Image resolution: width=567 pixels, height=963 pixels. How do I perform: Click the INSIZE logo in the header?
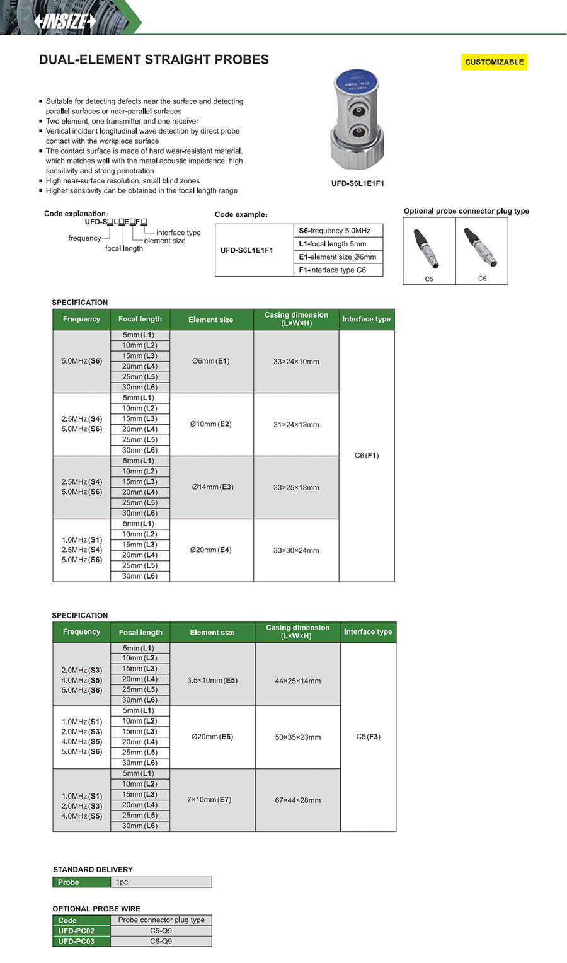tap(66, 21)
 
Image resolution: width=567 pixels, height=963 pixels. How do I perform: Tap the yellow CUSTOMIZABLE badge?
tap(494, 62)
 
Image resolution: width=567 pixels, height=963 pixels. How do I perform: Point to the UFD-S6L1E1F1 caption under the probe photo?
tap(357, 183)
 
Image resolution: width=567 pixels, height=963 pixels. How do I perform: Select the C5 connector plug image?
tap(429, 249)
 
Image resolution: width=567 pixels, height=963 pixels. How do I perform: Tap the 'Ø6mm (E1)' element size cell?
tap(211, 361)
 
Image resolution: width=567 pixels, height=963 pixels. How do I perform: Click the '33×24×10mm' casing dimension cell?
tap(296, 362)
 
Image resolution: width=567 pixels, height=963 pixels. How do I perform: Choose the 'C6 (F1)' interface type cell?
tap(367, 455)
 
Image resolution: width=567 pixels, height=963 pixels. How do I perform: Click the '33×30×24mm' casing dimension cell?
tap(296, 550)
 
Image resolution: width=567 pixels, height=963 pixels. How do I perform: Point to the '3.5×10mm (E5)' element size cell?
tap(212, 680)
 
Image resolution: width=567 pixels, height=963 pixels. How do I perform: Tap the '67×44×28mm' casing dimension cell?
tap(298, 800)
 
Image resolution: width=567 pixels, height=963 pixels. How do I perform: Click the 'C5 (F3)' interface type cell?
tap(368, 737)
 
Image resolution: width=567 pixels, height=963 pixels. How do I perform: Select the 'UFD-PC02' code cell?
tap(76, 931)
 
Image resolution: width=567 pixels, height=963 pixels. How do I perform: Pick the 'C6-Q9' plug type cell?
tap(161, 941)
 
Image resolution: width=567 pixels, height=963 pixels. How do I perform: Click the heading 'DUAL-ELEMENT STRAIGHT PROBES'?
tap(154, 60)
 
